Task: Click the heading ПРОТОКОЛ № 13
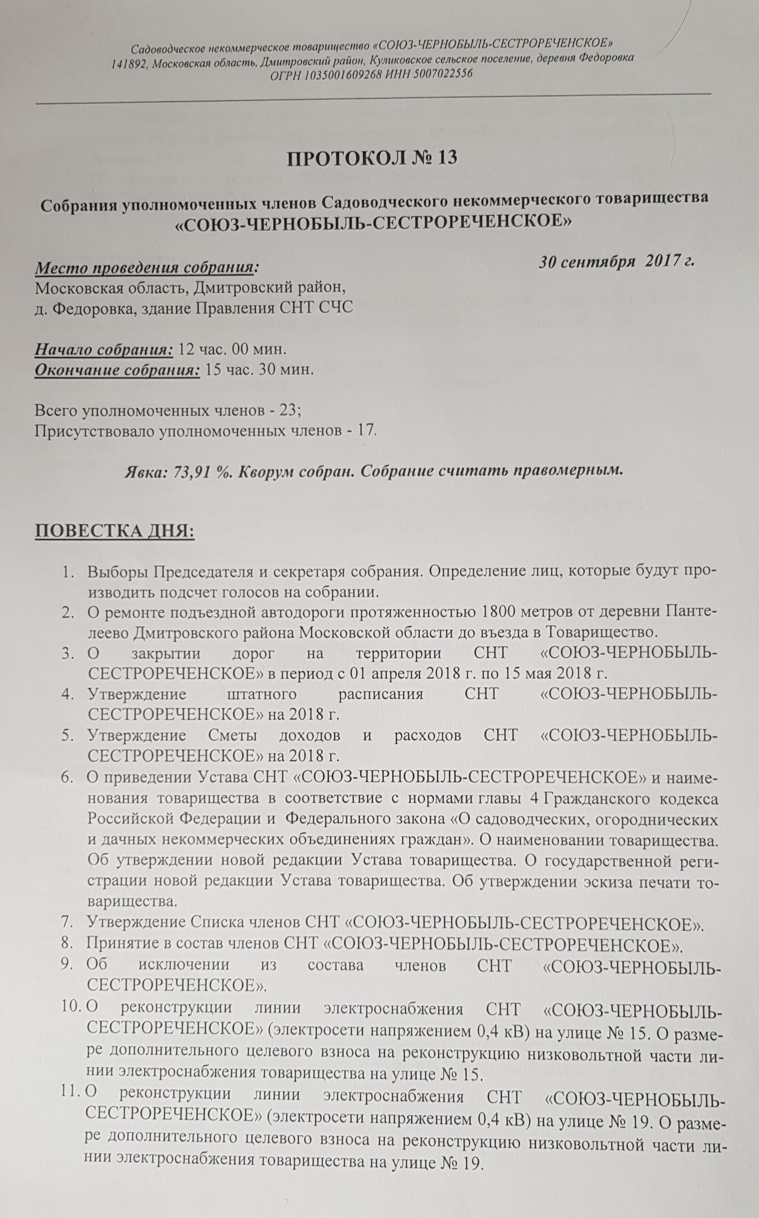pyautogui.click(x=372, y=158)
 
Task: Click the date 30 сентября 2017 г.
pyautogui.click(x=616, y=261)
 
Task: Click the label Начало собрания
pyautogui.click(x=103, y=349)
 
